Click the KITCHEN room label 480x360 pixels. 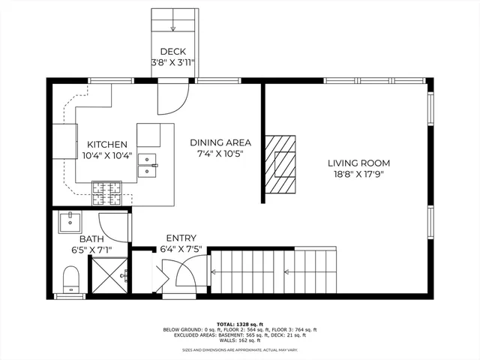pyautogui.click(x=107, y=145)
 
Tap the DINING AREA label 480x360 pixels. pyautogui.click(x=220, y=142)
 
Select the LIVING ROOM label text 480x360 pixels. pyautogui.click(x=358, y=163)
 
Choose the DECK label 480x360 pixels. pyautogui.click(x=172, y=52)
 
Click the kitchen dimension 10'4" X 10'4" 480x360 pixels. pyautogui.click(x=107, y=156)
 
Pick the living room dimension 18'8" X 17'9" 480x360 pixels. pyautogui.click(x=358, y=174)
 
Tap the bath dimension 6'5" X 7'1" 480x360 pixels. pyautogui.click(x=91, y=250)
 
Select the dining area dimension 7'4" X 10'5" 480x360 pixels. pyautogui.click(x=220, y=154)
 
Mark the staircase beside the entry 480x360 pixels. pyautogui.click(x=273, y=271)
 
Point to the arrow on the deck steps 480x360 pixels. pyautogui.click(x=172, y=29)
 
